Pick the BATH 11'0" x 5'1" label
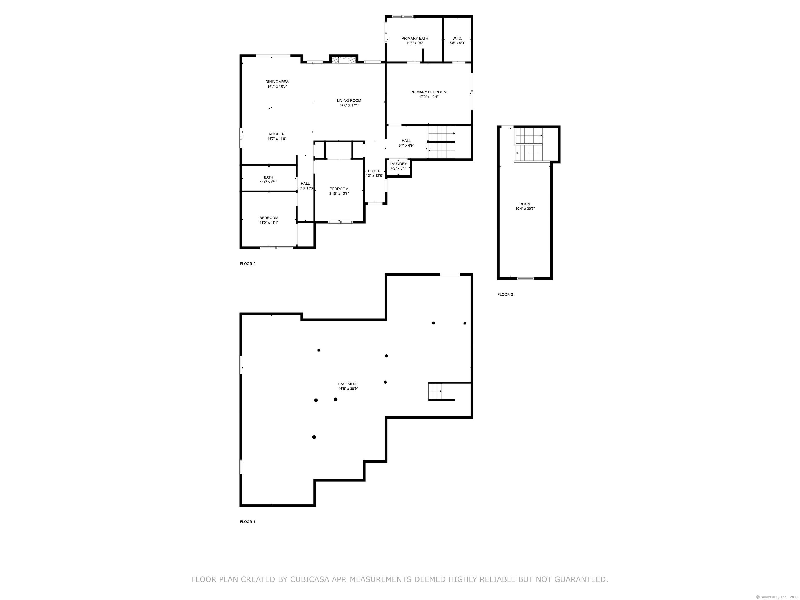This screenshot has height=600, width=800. point(268,179)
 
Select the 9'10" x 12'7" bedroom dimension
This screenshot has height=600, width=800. point(339,193)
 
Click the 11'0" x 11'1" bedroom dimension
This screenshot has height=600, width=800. point(269,222)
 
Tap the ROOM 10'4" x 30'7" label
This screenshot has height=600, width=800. point(525,206)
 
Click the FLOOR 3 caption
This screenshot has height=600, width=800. point(505,294)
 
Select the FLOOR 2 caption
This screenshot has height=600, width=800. point(248,264)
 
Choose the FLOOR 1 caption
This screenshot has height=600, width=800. point(248,522)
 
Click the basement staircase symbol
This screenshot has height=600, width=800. point(436,391)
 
